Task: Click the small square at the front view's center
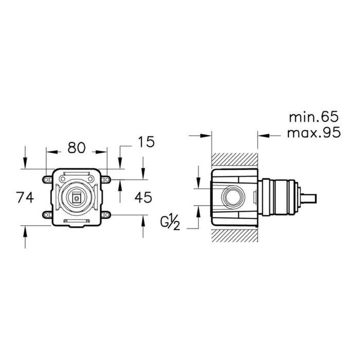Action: [x=76, y=197]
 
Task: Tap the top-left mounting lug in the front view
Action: [x=46, y=179]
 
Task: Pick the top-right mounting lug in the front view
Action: [x=107, y=179]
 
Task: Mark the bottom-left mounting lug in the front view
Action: [x=46, y=215]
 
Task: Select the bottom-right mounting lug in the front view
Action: [x=107, y=215]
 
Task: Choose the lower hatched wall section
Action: [x=234, y=234]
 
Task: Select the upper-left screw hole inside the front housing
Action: [x=62, y=179]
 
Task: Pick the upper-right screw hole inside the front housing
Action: [x=91, y=179]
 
